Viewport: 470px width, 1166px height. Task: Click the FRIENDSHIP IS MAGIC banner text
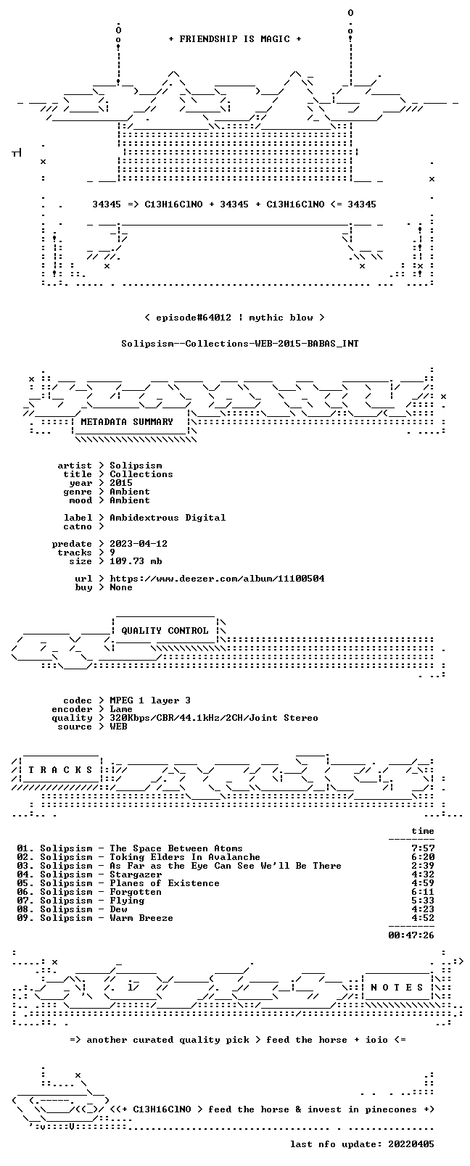(235, 39)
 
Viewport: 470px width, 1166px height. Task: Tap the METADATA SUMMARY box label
(127, 421)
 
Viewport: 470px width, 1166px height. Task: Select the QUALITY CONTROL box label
(165, 630)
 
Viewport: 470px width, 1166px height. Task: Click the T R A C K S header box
(60, 770)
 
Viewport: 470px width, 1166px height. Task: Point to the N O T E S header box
(397, 987)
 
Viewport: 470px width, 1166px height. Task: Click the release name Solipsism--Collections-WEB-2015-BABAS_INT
(240, 344)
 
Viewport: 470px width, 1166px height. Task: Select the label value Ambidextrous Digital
(168, 518)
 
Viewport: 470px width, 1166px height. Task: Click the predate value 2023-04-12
(139, 543)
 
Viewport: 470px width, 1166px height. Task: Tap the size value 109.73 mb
(136, 561)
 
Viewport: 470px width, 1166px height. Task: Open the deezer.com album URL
(217, 579)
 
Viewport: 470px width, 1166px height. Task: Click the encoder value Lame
(121, 709)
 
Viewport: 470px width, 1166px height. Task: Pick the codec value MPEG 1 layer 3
(150, 700)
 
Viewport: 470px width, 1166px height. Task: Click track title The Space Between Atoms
(176, 848)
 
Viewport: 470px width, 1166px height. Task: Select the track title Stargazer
(136, 874)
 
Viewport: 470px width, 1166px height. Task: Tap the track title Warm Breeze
(141, 918)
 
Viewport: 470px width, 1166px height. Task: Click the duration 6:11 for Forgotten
(423, 892)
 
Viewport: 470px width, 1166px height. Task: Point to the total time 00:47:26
(411, 935)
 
